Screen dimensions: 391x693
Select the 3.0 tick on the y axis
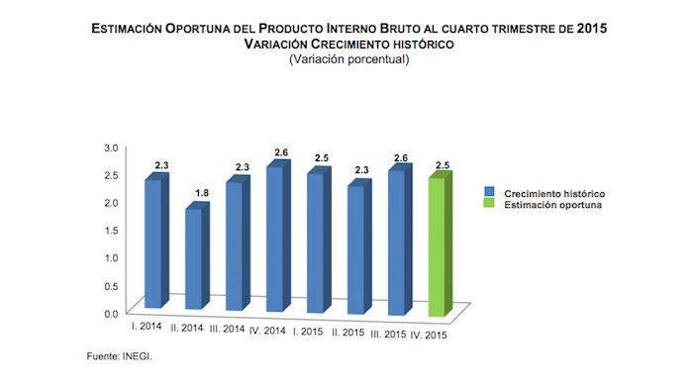click(111, 147)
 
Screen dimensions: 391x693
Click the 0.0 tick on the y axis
click(111, 313)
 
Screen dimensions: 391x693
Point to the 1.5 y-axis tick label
click(111, 231)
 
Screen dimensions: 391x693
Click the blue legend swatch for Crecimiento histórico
click(491, 192)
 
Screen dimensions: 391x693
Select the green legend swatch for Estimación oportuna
click(491, 205)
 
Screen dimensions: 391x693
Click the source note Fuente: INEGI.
click(116, 355)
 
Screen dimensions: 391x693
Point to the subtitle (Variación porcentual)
click(347, 59)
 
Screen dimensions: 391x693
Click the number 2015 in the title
click(587, 30)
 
